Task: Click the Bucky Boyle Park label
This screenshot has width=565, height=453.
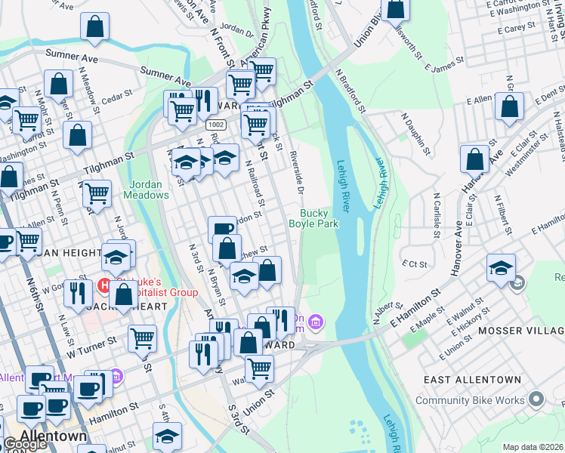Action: click(313, 219)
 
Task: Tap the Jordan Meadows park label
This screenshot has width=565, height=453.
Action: click(149, 190)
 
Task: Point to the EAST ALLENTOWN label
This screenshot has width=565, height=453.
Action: click(471, 379)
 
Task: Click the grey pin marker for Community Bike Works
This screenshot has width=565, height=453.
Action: click(536, 398)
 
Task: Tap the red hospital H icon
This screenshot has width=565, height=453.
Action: click(105, 286)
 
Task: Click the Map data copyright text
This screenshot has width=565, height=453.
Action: click(533, 447)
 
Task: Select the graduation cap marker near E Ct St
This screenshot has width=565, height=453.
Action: click(501, 268)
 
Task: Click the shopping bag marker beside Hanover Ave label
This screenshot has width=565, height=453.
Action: click(474, 159)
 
